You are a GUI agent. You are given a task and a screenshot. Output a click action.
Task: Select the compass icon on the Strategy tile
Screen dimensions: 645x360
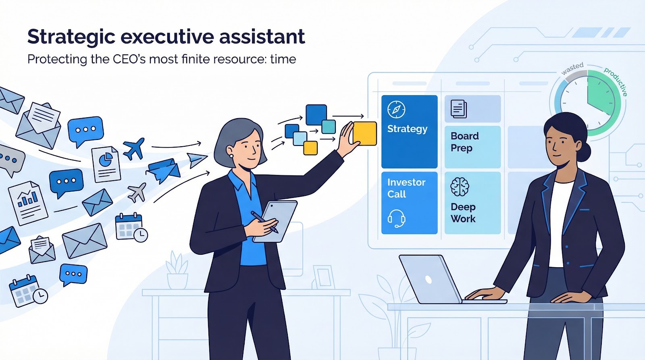[396, 109]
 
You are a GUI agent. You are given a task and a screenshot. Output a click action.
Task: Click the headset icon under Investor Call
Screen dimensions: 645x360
[397, 218]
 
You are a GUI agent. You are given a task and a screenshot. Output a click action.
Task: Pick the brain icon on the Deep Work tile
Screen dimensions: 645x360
[460, 187]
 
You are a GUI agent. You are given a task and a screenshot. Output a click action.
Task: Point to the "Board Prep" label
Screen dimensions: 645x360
[464, 142]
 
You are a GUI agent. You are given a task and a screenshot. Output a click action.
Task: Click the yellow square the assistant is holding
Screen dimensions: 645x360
[364, 133]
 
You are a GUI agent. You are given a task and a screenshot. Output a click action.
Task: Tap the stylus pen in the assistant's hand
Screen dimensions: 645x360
[264, 222]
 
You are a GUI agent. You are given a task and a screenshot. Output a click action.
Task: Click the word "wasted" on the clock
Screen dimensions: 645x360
[572, 69]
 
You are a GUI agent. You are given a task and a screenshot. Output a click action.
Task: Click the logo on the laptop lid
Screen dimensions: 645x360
[429, 279]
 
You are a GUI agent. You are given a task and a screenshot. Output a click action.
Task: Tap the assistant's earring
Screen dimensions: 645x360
[231, 156]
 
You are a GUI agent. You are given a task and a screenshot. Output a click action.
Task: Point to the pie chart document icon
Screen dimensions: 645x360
[106, 164]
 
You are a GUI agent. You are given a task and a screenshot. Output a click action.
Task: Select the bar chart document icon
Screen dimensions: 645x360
[28, 203]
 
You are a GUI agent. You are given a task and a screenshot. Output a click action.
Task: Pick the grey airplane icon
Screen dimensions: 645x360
[137, 192]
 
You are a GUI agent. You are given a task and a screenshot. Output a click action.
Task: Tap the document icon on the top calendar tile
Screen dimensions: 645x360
[458, 109]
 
